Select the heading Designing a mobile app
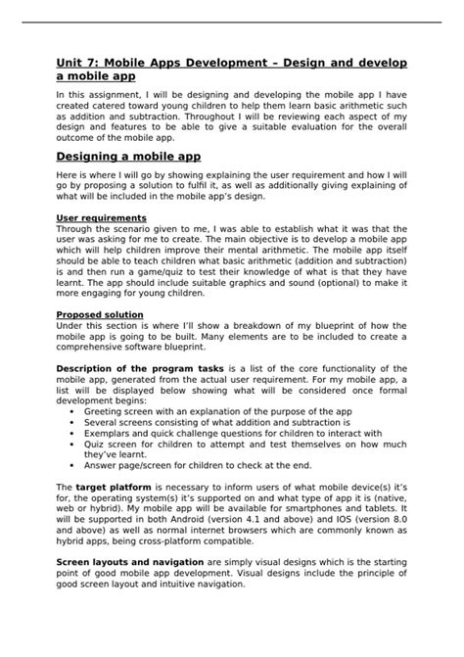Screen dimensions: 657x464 [128, 156]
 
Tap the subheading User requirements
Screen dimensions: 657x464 [102, 217]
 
